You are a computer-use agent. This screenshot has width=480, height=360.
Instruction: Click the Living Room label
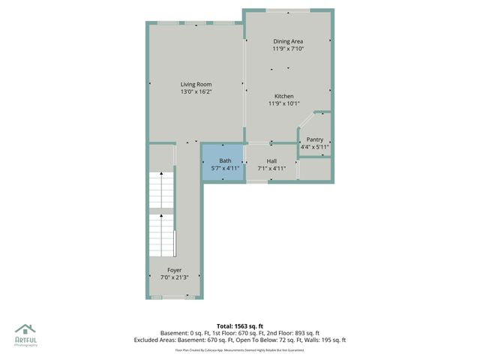196,84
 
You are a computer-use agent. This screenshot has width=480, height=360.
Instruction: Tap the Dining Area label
288,41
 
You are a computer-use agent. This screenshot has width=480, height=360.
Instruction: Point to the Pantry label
315,139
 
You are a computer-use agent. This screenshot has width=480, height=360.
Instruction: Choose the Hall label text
271,161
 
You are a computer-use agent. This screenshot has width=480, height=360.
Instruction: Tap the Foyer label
174,270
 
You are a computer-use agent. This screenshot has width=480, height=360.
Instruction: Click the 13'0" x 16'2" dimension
196,92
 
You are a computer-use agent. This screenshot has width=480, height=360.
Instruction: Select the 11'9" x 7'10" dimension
288,49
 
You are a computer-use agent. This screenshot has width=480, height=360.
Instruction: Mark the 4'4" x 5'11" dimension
315,147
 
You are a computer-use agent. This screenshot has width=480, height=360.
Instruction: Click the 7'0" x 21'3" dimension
174,277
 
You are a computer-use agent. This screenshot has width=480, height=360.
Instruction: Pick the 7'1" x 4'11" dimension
271,169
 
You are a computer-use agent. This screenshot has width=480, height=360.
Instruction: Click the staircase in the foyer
161,214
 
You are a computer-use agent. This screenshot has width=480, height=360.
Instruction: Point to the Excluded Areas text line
239,340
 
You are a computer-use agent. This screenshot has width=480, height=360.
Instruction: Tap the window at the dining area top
288,10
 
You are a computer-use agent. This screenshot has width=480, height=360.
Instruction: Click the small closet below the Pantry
315,169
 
